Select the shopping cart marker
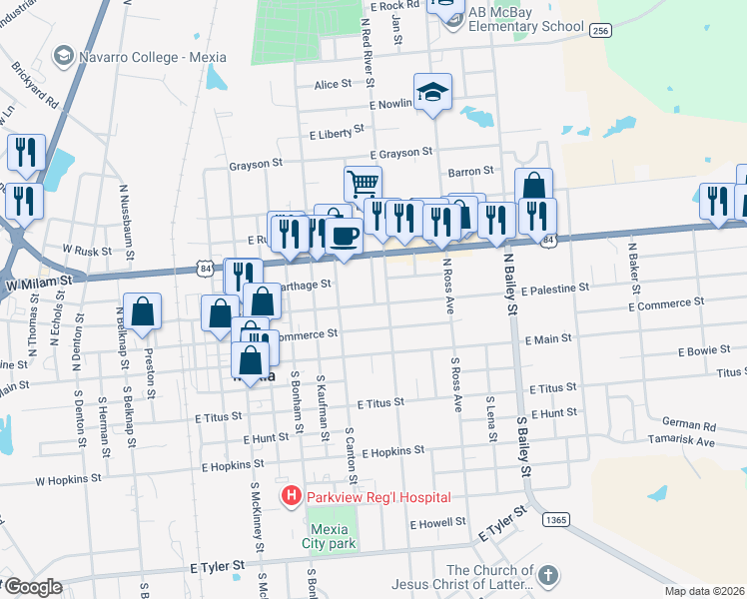(x=363, y=184)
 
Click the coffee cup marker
(x=345, y=237)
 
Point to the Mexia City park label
(x=330, y=537)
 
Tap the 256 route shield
(x=600, y=31)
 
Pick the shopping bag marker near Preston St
(x=144, y=310)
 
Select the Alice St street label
(x=333, y=85)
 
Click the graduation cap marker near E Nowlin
(x=432, y=92)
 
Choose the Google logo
(x=33, y=587)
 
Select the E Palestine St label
(x=554, y=287)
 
